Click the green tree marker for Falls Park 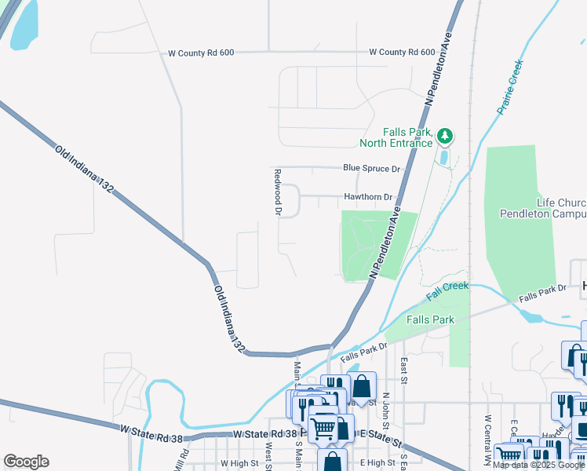(x=445, y=137)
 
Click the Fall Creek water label (x=447, y=291)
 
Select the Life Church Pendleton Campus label (x=543, y=208)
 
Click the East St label (x=403, y=365)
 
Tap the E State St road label (x=381, y=435)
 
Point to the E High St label (x=374, y=464)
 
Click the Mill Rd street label (x=184, y=460)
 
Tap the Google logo (x=26, y=462)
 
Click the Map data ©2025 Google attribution (x=539, y=466)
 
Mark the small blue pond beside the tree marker (x=445, y=157)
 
